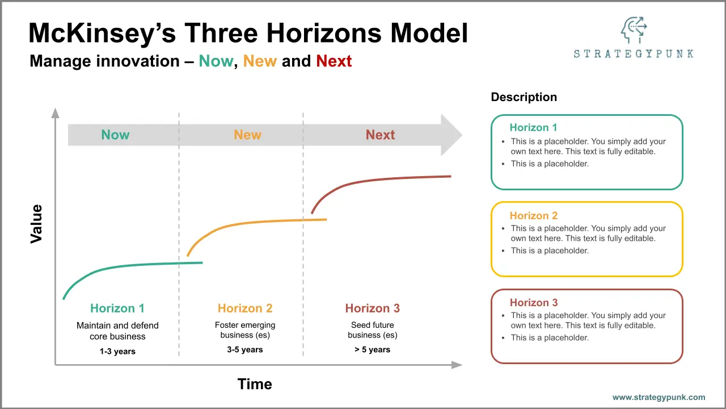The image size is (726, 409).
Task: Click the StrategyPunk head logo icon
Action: pos(634,30)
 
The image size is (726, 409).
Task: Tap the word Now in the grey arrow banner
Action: pos(115,135)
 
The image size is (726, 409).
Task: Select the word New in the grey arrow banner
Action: pos(248,135)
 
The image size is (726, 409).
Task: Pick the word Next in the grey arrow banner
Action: pos(380,135)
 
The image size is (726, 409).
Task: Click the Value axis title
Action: pos(36,224)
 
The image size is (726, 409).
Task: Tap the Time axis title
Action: pos(255,384)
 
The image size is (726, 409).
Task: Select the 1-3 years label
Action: pos(117,351)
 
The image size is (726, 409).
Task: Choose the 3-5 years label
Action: pos(245,349)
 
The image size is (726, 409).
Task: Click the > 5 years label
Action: pos(373,349)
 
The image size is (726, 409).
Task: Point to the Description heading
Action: pos(524,97)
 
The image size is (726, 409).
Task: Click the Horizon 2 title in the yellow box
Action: pos(534,215)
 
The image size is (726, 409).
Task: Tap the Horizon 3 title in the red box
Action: pos(534,303)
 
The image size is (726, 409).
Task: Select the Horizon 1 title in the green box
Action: pos(534,128)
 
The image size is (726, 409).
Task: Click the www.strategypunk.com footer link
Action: pos(659,397)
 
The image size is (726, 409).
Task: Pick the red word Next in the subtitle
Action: pos(334,61)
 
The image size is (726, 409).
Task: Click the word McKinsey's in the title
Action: pos(103,34)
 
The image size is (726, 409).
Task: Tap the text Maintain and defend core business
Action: pos(117,331)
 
